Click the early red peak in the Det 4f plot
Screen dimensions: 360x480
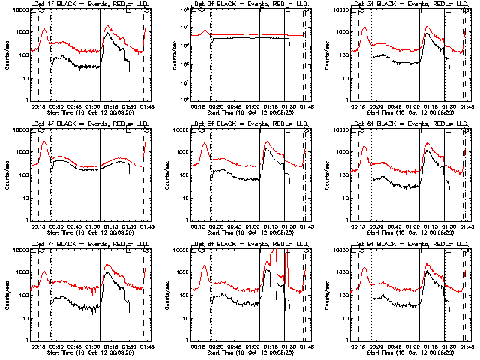tap(43, 141)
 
